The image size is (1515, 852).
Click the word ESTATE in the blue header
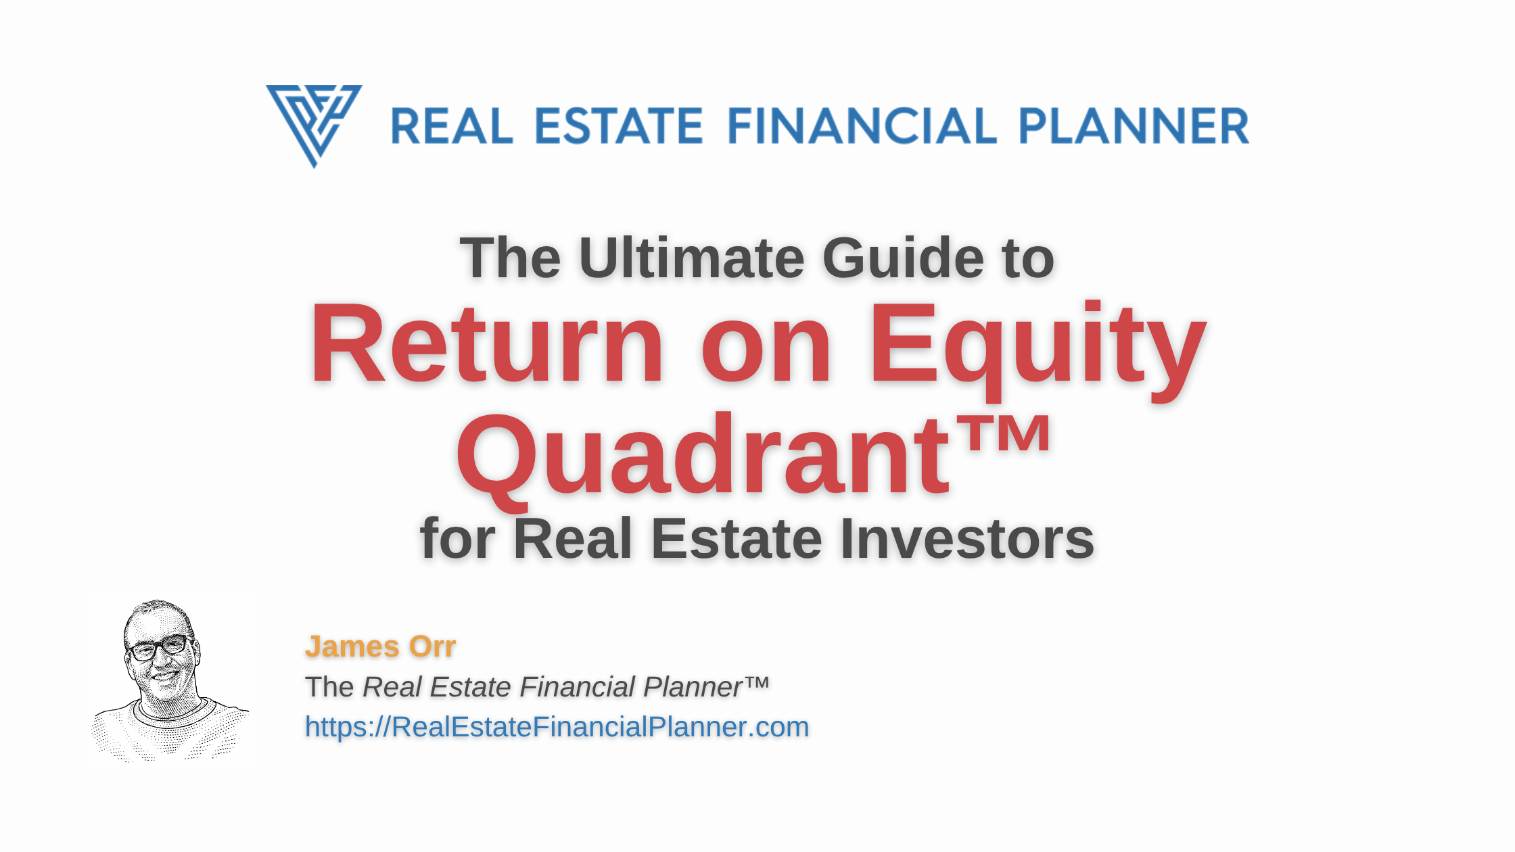click(619, 126)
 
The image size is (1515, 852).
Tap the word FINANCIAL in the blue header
click(862, 126)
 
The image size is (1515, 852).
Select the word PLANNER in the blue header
click(1134, 126)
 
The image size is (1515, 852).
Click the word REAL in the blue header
click(452, 126)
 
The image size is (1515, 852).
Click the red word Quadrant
click(703, 456)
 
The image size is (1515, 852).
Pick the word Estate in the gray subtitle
click(737, 539)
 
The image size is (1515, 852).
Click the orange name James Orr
click(380, 646)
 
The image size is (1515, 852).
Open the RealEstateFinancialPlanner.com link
click(557, 727)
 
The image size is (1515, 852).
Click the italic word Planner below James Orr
click(693, 687)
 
